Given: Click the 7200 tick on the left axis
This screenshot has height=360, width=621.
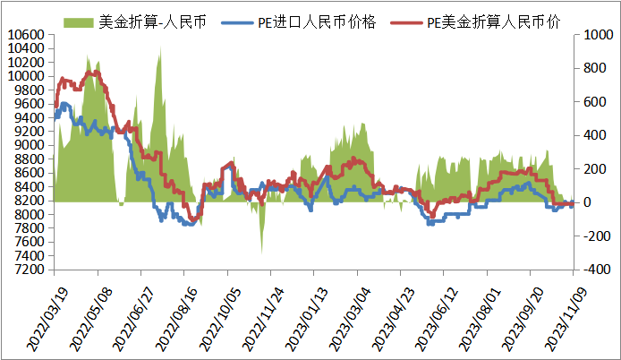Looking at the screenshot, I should [x=28, y=269].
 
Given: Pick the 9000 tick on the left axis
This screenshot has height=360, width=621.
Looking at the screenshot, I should [x=28, y=145].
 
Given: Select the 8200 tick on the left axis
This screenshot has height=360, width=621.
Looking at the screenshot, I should [x=28, y=201].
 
